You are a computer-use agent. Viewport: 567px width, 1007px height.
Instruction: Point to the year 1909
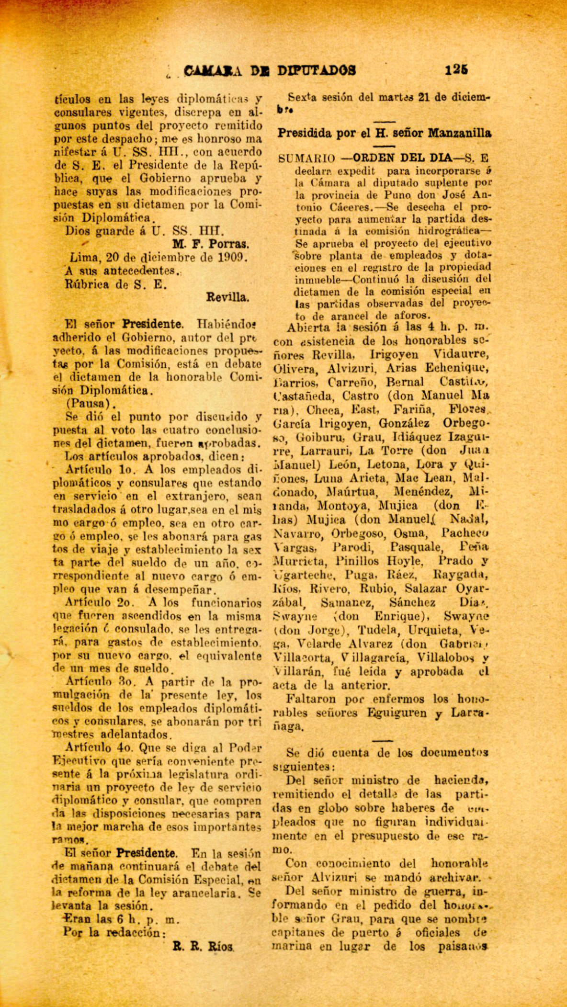232,257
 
